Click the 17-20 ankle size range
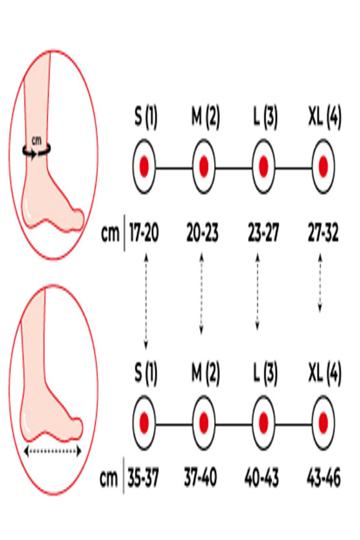(144, 233)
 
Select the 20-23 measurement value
(202, 233)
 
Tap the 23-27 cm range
(263, 233)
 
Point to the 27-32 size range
(323, 233)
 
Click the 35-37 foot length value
(143, 478)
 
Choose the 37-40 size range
(200, 478)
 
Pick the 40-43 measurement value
(261, 478)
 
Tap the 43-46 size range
(324, 478)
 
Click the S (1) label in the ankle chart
(145, 117)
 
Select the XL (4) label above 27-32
(325, 117)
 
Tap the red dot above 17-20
(144, 166)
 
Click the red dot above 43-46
(323, 423)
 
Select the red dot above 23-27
(263, 166)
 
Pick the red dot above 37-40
(204, 423)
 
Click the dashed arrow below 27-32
(320, 283)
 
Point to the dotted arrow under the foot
(53, 451)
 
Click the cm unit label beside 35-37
(109, 478)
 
